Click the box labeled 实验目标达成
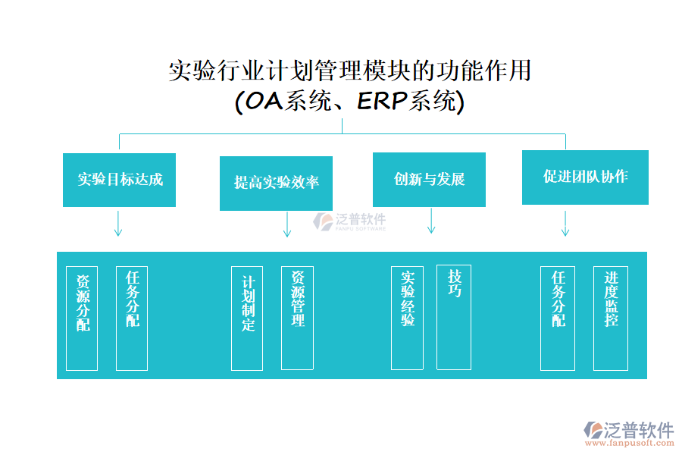(x=119, y=180)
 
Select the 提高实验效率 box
(x=276, y=183)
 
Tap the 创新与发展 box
(x=429, y=179)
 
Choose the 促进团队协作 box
(x=585, y=177)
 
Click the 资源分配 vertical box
(x=82, y=318)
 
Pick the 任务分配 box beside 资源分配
(x=132, y=318)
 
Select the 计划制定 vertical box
(x=247, y=318)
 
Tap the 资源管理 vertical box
(x=297, y=318)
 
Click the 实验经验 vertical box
(x=407, y=318)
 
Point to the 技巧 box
(x=454, y=318)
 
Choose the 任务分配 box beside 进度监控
(x=557, y=318)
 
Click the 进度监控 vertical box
(x=611, y=318)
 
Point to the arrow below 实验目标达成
(x=118, y=224)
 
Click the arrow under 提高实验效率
(x=286, y=224)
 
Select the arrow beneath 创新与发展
(x=431, y=221)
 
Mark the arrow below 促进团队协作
(x=565, y=223)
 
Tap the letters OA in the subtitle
(x=261, y=102)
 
